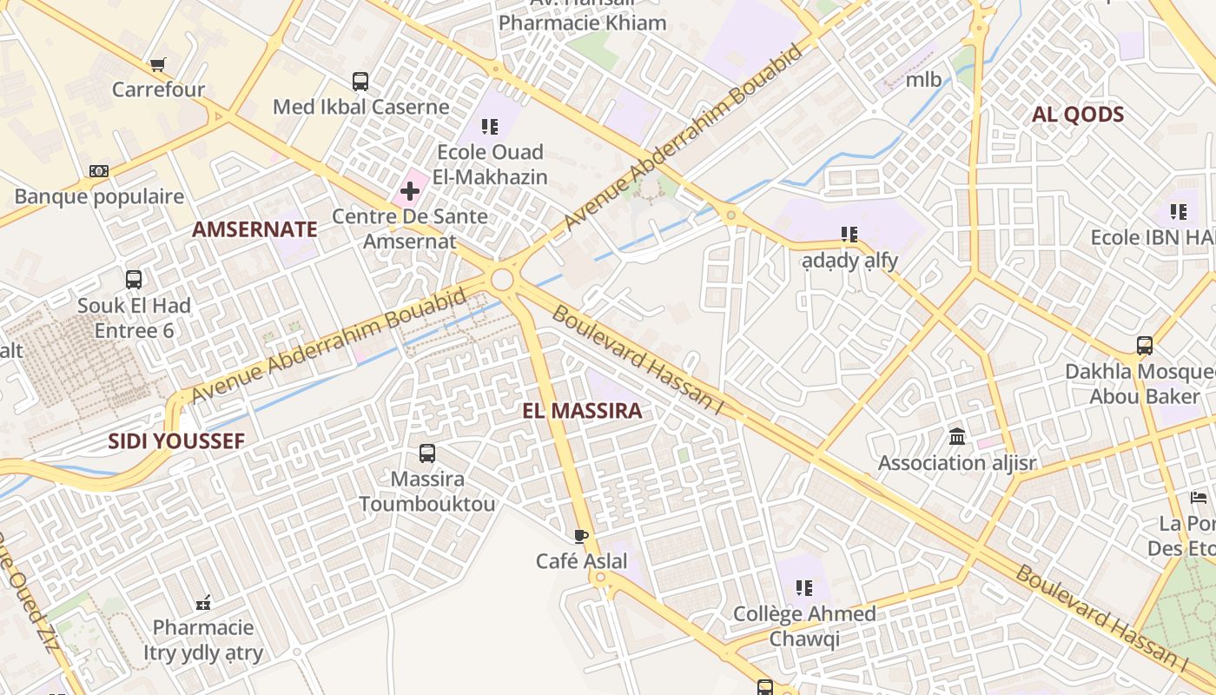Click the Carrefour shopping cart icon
coord(157,65)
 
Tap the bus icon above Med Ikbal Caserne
coord(360,82)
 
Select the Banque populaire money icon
coord(99,171)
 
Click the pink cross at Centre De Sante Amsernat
coord(410,190)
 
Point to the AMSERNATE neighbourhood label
coord(254,229)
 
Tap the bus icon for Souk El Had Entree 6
coord(134,280)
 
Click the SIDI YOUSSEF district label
coord(176,440)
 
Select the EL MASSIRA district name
coord(582,411)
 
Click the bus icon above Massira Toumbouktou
coord(427,453)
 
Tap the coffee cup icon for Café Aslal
coord(581,536)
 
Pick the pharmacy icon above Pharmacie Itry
coord(204,602)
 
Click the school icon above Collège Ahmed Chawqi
coord(804,588)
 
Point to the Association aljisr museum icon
coord(957,436)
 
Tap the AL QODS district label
coord(1078,115)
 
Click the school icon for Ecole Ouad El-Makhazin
coord(491,127)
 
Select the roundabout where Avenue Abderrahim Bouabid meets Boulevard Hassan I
coord(502,280)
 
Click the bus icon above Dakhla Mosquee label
coord(1145,346)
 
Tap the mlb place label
coord(923,80)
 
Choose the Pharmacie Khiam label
coord(582,23)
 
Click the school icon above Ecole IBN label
coord(1178,211)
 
